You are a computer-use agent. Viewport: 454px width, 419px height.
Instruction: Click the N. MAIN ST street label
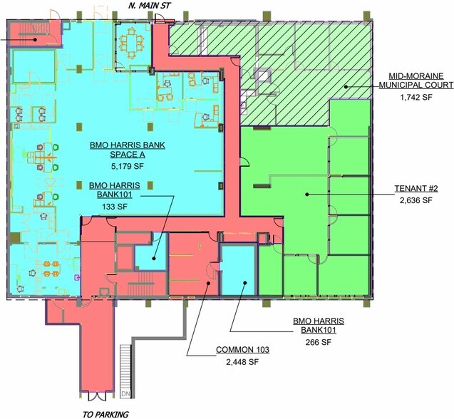tap(150, 5)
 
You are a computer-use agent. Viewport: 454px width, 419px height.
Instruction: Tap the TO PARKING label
tap(105, 414)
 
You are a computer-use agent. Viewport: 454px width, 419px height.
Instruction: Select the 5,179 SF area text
tap(128, 166)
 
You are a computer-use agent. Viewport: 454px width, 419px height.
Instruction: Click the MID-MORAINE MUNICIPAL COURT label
tap(416, 81)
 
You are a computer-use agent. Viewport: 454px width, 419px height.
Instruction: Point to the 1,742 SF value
tap(416, 97)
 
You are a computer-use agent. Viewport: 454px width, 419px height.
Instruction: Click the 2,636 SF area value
tap(416, 200)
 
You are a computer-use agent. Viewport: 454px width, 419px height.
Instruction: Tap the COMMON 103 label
tap(242, 349)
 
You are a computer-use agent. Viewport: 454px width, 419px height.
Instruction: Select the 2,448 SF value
tap(242, 362)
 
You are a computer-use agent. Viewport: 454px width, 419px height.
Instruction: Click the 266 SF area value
tap(318, 342)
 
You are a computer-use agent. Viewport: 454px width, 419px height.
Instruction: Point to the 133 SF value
tap(115, 207)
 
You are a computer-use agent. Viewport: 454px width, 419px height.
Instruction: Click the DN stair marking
tap(125, 394)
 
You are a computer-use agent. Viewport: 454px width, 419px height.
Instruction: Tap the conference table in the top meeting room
tap(131, 43)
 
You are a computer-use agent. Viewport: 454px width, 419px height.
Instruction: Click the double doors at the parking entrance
tap(96, 397)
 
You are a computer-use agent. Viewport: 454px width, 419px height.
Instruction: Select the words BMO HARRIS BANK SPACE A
tap(128, 150)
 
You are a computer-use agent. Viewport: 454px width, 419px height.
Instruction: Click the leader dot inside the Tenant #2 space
tap(307, 195)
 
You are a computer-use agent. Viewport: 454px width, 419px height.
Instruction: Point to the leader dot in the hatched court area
tap(346, 86)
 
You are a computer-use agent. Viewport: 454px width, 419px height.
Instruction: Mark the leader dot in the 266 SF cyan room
tap(244, 283)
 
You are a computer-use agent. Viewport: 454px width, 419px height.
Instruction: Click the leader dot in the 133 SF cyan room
tap(154, 258)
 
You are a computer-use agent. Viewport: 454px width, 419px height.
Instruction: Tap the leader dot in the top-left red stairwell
tap(35, 39)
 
